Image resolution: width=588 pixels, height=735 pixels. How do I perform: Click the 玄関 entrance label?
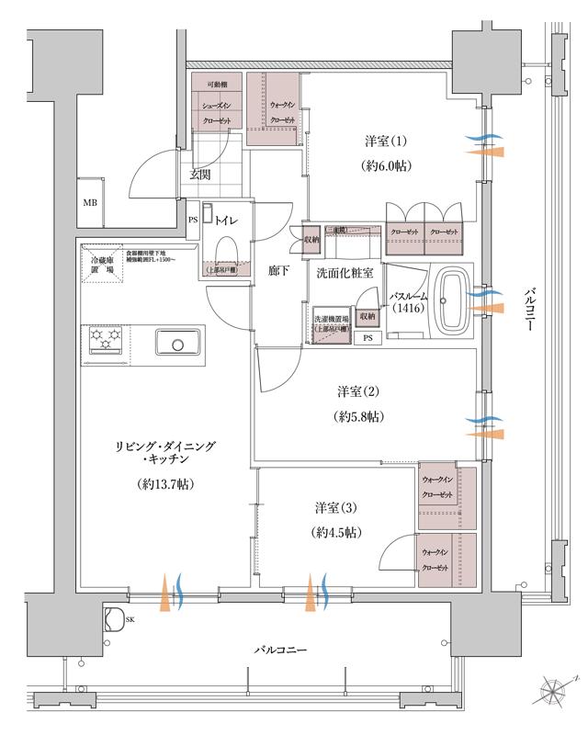(201, 174)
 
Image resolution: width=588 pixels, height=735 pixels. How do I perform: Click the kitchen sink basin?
(174, 344)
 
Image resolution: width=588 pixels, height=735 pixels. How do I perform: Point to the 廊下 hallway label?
(279, 272)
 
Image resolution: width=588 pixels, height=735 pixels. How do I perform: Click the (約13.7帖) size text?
(165, 483)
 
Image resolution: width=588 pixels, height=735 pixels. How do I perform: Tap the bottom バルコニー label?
(281, 650)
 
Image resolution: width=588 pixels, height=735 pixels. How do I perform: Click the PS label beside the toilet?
(193, 220)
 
